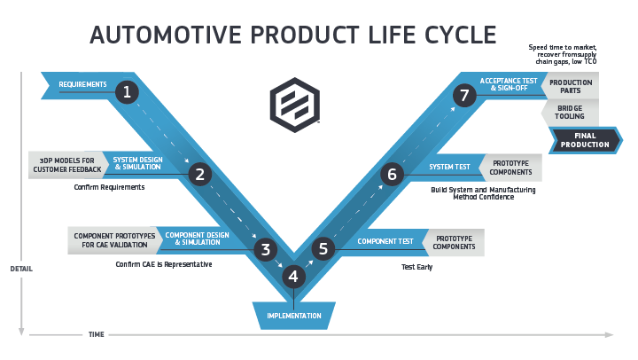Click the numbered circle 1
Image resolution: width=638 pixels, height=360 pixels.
click(x=128, y=91)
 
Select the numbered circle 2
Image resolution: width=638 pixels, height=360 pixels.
click(x=200, y=174)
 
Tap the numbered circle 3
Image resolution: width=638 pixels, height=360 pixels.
click(x=265, y=249)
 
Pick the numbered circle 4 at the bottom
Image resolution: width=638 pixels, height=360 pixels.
click(x=294, y=277)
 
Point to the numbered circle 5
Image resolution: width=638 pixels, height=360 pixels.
click(x=323, y=249)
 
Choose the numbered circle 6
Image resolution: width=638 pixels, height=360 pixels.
click(x=392, y=174)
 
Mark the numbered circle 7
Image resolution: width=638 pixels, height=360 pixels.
click(x=463, y=94)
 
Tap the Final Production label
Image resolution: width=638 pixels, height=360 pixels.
click(x=585, y=140)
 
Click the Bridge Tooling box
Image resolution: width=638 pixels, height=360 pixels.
click(x=570, y=113)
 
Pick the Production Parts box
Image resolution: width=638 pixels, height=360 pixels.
click(x=571, y=87)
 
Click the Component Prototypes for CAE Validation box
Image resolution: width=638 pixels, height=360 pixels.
click(x=114, y=240)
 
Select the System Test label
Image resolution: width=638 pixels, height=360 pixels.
click(x=449, y=167)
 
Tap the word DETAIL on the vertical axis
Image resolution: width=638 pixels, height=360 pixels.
click(x=21, y=269)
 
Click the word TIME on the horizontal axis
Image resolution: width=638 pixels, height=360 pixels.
click(x=96, y=335)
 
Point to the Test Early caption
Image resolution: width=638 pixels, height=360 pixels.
click(x=416, y=266)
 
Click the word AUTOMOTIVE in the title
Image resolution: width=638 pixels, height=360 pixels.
click(x=169, y=35)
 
